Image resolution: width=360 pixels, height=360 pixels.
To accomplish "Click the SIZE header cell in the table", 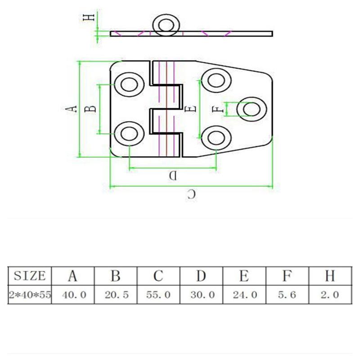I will click(30, 275).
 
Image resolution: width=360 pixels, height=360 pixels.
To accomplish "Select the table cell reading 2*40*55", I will click(30, 295).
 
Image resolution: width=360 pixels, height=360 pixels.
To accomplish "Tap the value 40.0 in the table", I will click(72, 295).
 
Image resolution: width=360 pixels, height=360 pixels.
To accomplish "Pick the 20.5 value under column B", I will click(116, 295).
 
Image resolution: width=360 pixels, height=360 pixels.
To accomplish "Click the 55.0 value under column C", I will click(158, 295).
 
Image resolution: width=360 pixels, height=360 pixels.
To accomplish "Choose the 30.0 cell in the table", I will click(201, 295).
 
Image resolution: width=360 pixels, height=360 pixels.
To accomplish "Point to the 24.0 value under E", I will click(244, 295).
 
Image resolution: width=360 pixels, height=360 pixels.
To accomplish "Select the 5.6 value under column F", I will click(287, 295).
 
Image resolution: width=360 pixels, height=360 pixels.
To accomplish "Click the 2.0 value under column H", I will click(330, 295).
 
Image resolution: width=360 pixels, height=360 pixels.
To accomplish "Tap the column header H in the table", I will click(330, 275).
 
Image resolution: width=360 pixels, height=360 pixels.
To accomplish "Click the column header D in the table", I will click(201, 275).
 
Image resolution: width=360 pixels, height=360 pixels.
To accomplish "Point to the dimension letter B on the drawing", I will click(90, 108).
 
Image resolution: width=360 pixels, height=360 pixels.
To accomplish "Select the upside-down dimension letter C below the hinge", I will click(191, 194).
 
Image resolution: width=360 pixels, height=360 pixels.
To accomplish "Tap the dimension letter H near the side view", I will click(90, 17).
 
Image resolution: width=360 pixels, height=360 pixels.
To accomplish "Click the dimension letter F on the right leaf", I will click(217, 109).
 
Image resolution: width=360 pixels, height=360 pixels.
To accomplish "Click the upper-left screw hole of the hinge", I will click(129, 84).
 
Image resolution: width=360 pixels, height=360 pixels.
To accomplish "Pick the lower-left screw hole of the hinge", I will click(129, 134).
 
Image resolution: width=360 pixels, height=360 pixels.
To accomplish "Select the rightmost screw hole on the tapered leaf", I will click(252, 109).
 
